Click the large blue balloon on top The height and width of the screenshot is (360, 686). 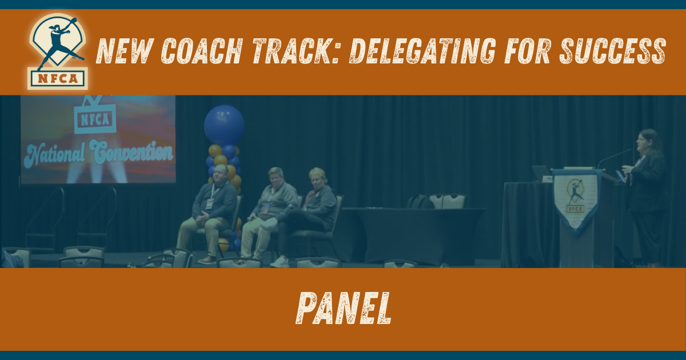[x=224, y=124]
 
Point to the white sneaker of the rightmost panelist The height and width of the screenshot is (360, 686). [x=280, y=262]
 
